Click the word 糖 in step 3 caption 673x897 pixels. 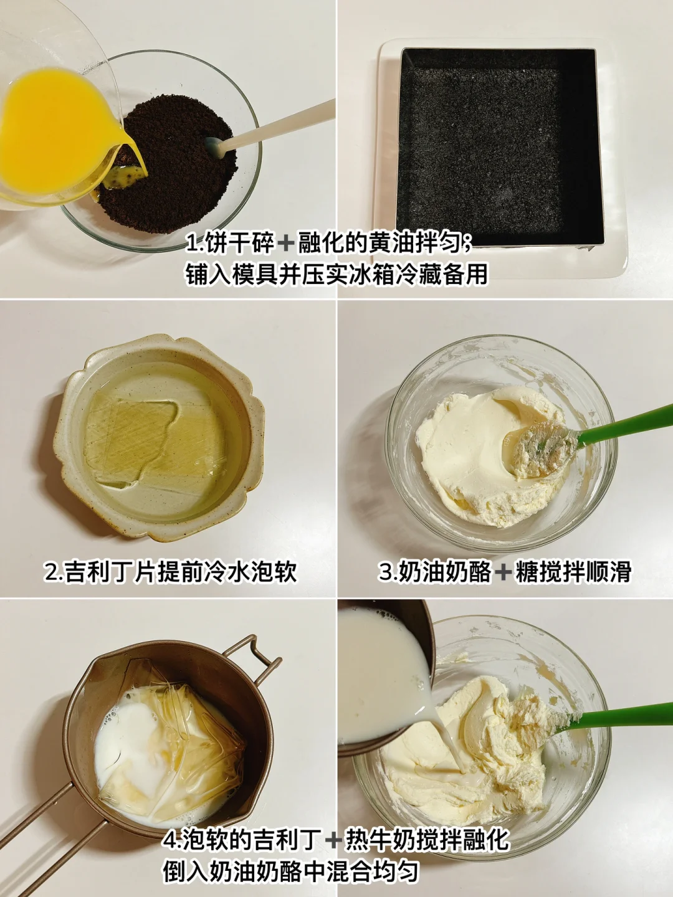click(x=525, y=572)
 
